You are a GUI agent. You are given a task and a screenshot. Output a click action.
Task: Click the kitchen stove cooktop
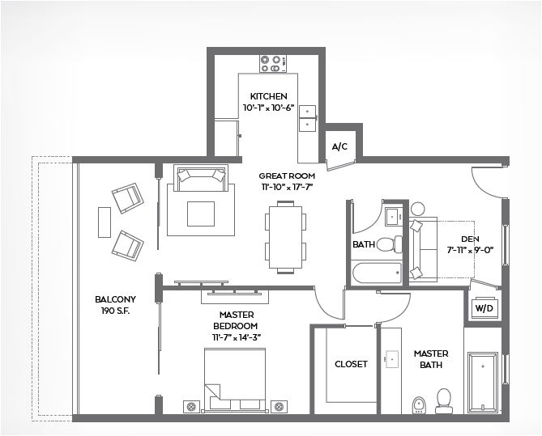point(273,64)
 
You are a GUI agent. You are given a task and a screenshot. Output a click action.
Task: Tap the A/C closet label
point(339,146)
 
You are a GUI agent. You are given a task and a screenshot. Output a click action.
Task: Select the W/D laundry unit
point(484,308)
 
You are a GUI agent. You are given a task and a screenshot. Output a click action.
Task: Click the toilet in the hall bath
point(389,243)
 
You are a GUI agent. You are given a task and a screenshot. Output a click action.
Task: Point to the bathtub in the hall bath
point(378,273)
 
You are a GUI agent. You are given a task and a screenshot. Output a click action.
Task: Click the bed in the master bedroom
point(235,380)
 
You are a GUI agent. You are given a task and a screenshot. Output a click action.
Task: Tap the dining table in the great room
point(285,238)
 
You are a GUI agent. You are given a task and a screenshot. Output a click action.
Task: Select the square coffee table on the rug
point(201,214)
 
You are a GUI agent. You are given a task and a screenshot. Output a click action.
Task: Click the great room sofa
point(201,178)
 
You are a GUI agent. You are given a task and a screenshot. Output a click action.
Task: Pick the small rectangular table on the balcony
point(105,222)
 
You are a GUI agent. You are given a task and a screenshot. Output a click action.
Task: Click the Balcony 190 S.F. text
point(116,305)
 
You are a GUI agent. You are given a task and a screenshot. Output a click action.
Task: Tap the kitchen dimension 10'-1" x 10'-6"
point(269,108)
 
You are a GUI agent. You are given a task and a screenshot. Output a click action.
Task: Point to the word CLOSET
point(351,364)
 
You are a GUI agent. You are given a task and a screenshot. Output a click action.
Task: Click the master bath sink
point(391,359)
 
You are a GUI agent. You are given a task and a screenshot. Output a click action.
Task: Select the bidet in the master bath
point(419,405)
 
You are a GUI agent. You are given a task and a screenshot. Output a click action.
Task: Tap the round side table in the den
point(417,210)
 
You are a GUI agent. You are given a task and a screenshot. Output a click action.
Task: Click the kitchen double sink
point(307,118)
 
